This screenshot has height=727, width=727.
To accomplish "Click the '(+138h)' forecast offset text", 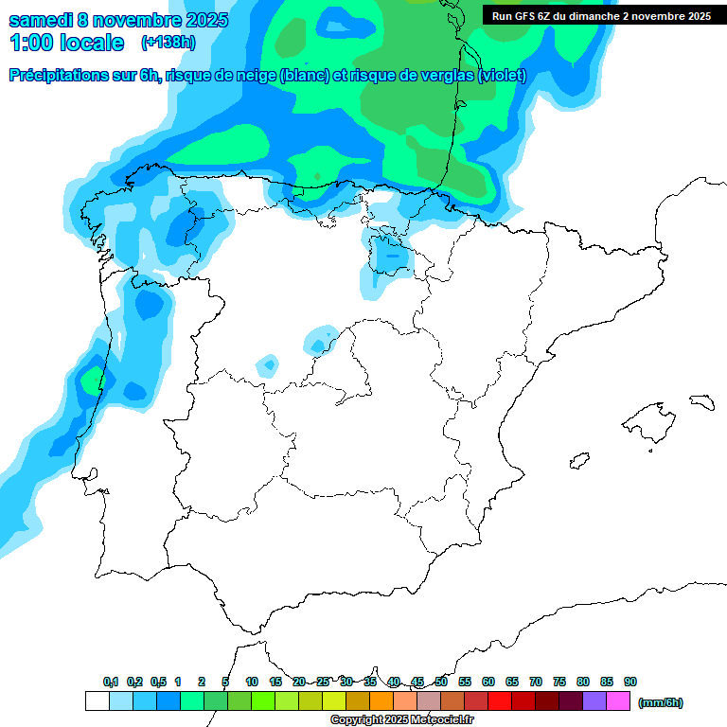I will click(168, 42).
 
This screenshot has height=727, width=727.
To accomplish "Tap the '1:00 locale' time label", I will click(66, 43).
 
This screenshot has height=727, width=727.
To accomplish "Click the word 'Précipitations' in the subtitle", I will click(60, 76).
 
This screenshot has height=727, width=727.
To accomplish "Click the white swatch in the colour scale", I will click(97, 701).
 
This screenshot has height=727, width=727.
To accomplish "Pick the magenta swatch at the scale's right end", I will click(618, 701).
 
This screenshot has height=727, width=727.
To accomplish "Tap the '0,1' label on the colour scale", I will click(111, 682).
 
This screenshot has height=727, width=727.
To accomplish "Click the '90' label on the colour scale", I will click(630, 682).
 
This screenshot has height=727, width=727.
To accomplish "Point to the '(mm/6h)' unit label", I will click(660, 702).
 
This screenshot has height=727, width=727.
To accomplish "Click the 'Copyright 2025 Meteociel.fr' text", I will click(402, 720).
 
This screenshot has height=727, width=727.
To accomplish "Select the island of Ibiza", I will click(576, 461).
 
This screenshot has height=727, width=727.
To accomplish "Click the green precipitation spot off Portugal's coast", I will click(91, 381).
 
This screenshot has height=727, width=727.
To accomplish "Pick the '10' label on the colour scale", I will click(252, 682).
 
